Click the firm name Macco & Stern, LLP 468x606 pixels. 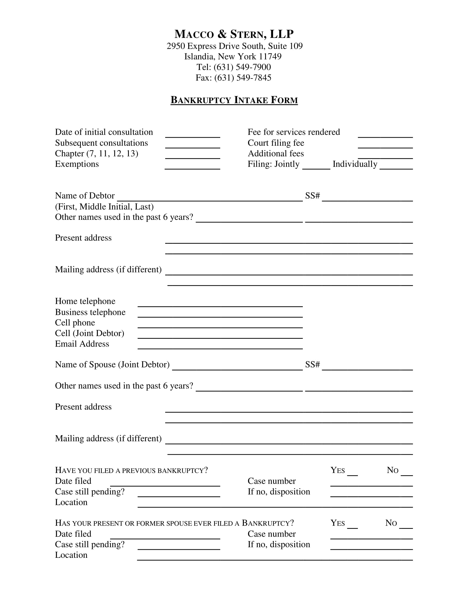coord(234,34)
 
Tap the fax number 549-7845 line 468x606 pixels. coord(234,78)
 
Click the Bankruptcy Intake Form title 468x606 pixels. coord(234,100)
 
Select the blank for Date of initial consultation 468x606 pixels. coord(192,134)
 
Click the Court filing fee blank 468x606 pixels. coord(385,145)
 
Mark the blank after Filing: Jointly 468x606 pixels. coord(316,166)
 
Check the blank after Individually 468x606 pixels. coord(396,166)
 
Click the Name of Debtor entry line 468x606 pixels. coord(209,198)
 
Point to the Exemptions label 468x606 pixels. coord(77,164)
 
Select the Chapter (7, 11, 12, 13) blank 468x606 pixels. coord(192,156)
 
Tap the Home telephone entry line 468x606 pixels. coord(220,304)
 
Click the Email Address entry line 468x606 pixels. coord(220,346)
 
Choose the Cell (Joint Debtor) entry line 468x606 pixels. coord(220,336)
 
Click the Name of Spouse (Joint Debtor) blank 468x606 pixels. coord(237,367)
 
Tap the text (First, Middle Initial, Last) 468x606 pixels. coord(104,207)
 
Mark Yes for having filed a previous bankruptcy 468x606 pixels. coord(352,472)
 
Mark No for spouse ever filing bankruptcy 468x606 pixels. coord(406,525)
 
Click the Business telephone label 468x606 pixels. coord(90,312)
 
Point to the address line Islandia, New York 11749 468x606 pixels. coord(233,56)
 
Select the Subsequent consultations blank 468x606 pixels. coord(192,145)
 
